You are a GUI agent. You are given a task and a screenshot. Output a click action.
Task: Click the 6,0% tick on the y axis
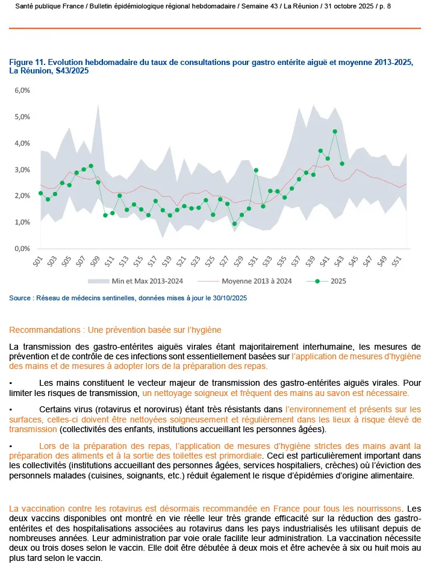pos(22,90)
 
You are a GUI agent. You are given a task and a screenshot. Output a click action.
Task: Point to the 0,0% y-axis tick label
pos(22,249)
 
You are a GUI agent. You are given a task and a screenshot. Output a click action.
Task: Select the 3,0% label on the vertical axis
pos(22,170)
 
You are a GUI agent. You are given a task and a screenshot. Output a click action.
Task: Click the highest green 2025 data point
pos(335,131)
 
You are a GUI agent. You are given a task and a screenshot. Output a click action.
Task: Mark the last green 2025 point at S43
pos(342,163)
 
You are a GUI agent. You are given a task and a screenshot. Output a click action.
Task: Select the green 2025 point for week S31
pos(256,170)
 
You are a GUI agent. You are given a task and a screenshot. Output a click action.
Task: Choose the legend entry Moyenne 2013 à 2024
pos(257,280)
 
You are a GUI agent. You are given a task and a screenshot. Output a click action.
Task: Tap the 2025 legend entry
pos(338,280)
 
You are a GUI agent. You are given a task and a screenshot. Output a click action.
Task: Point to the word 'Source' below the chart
pos(20,298)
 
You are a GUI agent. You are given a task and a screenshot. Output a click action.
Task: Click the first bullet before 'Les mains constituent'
pos(11,382)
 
